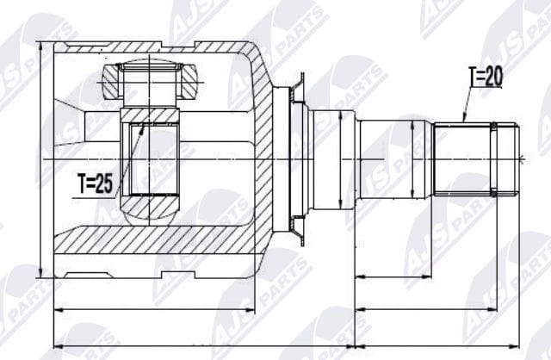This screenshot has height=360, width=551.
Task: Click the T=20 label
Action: coord(486,77)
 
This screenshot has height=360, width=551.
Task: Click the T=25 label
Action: coord(96,183)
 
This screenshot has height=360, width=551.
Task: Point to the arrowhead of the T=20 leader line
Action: coord(464,119)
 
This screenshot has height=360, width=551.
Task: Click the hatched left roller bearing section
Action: coord(113,82)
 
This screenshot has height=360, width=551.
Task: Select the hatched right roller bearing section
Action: coord(188,82)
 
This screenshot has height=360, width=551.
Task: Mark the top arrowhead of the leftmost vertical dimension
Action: coord(41,46)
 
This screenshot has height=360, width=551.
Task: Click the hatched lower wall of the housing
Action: coord(155,240)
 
